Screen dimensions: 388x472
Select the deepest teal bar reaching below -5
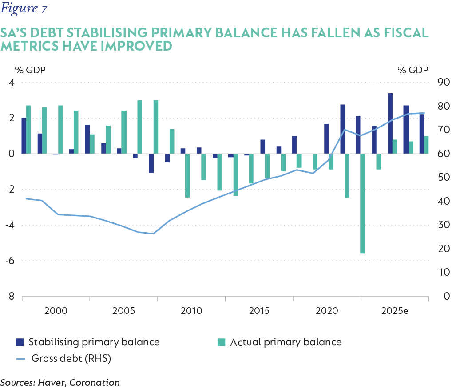(362, 203)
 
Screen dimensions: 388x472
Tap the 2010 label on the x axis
(192, 310)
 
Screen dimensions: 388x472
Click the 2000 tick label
(56, 310)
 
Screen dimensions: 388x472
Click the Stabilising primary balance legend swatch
(20, 342)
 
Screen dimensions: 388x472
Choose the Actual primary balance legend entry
(280, 342)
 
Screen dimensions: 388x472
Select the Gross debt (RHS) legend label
(71, 358)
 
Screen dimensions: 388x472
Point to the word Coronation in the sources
(99, 382)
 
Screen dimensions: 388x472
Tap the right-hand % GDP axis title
(413, 70)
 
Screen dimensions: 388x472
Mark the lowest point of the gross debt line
(153, 234)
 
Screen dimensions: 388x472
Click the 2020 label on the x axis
(327, 310)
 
